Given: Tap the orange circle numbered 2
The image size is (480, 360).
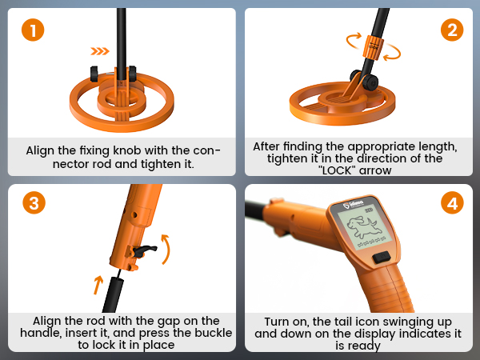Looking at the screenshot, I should point(452,31).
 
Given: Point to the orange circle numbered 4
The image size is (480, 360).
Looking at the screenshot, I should point(452,202).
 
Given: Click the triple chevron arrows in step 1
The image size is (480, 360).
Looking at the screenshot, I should point(100,51).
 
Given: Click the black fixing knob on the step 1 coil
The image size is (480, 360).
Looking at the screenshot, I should point(95,74).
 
